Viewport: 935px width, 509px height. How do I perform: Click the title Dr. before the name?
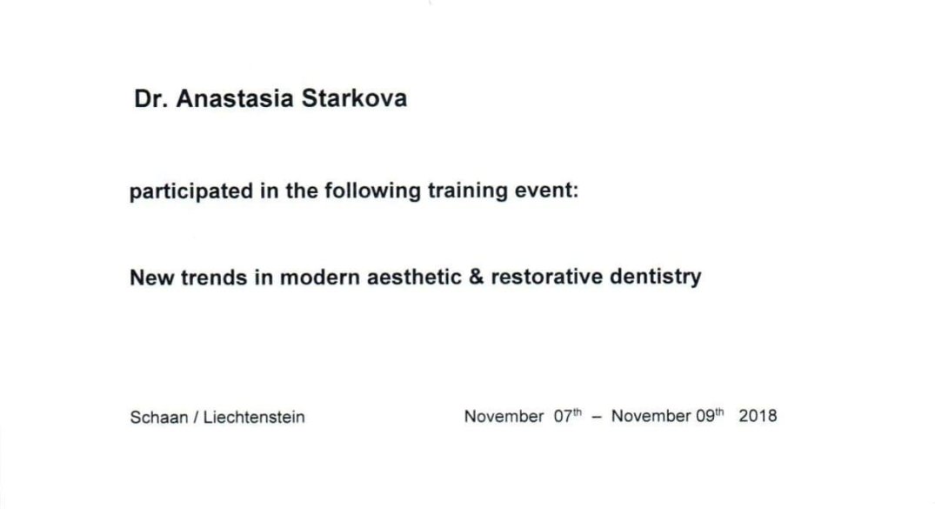(x=150, y=98)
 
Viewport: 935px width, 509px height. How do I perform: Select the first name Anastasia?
(x=234, y=98)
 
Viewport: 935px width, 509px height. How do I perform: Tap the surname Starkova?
(x=354, y=98)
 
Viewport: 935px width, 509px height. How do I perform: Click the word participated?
(x=191, y=191)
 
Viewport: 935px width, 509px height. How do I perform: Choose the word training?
(x=467, y=191)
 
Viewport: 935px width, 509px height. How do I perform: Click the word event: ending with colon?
(x=545, y=191)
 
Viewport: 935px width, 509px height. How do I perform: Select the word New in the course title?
(x=151, y=278)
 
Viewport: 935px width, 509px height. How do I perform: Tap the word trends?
(x=213, y=278)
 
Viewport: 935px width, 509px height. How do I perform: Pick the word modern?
(x=319, y=278)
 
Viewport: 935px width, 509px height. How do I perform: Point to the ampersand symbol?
(x=477, y=277)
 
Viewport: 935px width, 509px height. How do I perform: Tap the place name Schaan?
(x=158, y=417)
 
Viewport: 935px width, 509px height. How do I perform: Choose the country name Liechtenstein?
(x=254, y=417)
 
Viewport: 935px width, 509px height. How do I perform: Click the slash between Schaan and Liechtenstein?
(x=196, y=417)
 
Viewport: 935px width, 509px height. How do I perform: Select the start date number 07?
(x=563, y=416)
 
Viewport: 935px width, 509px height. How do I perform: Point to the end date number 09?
(x=705, y=416)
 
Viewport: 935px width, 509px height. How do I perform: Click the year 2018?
(x=758, y=416)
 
